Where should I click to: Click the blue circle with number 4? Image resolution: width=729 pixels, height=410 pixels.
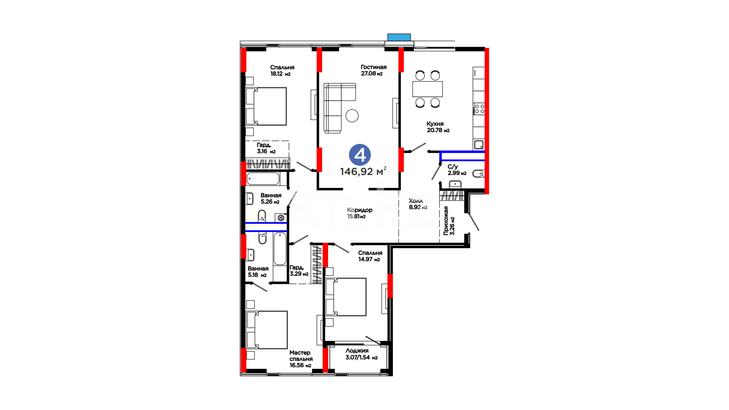click(x=360, y=155)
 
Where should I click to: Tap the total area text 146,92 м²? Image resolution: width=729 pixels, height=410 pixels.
click(x=363, y=171)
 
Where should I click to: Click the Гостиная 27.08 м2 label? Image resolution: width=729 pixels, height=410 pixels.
click(x=374, y=70)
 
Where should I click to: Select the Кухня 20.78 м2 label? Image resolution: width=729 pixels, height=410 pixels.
click(x=438, y=127)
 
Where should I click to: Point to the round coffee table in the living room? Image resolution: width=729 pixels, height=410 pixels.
click(x=352, y=116)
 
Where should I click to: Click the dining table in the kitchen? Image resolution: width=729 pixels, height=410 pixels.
click(x=428, y=89)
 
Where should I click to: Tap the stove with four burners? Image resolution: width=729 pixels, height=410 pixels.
click(x=479, y=109)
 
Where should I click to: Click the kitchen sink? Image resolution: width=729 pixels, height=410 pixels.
click(x=479, y=145)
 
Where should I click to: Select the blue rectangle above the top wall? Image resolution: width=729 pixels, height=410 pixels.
click(x=399, y=37)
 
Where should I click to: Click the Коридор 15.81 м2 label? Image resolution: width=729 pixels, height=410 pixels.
click(x=360, y=213)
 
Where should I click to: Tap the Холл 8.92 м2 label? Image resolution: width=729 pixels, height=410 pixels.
click(x=418, y=204)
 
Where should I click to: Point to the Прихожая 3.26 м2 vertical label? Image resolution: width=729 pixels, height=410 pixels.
click(x=449, y=221)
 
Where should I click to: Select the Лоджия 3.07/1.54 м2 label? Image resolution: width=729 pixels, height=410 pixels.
click(x=361, y=354)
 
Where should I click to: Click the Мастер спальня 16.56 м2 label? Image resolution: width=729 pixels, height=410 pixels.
click(x=301, y=359)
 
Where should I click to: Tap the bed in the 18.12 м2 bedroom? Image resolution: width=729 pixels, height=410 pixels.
click(x=266, y=106)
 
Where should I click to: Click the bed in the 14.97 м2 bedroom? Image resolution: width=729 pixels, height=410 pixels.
click(x=346, y=297)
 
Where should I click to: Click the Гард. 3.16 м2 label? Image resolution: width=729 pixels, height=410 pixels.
click(x=266, y=148)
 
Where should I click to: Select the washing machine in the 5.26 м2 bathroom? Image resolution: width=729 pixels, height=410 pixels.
click(x=281, y=218)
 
